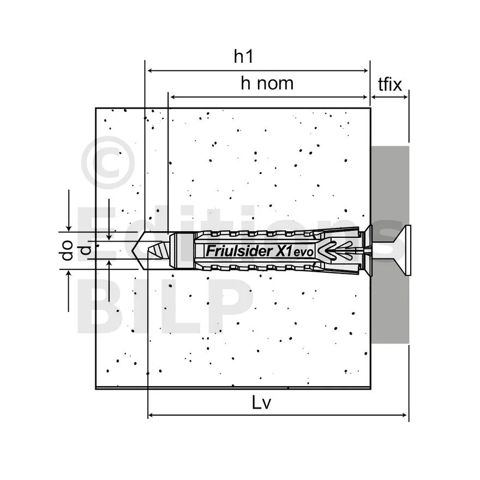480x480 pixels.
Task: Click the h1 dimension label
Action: click(x=243, y=57)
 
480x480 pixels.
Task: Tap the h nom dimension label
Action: click(x=267, y=83)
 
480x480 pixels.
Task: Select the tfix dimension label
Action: click(x=389, y=84)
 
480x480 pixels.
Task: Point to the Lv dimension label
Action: click(x=261, y=402)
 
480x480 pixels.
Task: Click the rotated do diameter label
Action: click(x=67, y=250)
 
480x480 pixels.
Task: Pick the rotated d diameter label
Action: click(x=86, y=250)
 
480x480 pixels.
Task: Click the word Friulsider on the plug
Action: click(x=239, y=251)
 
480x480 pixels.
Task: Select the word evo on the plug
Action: click(x=303, y=252)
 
